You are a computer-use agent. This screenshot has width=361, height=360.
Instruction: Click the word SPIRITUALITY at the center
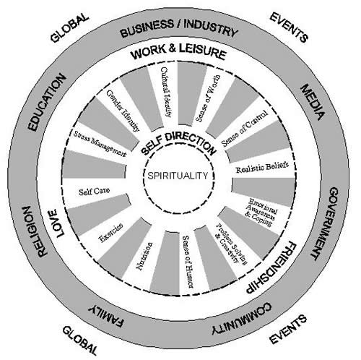point(176,176)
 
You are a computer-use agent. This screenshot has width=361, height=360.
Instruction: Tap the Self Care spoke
point(92,192)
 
